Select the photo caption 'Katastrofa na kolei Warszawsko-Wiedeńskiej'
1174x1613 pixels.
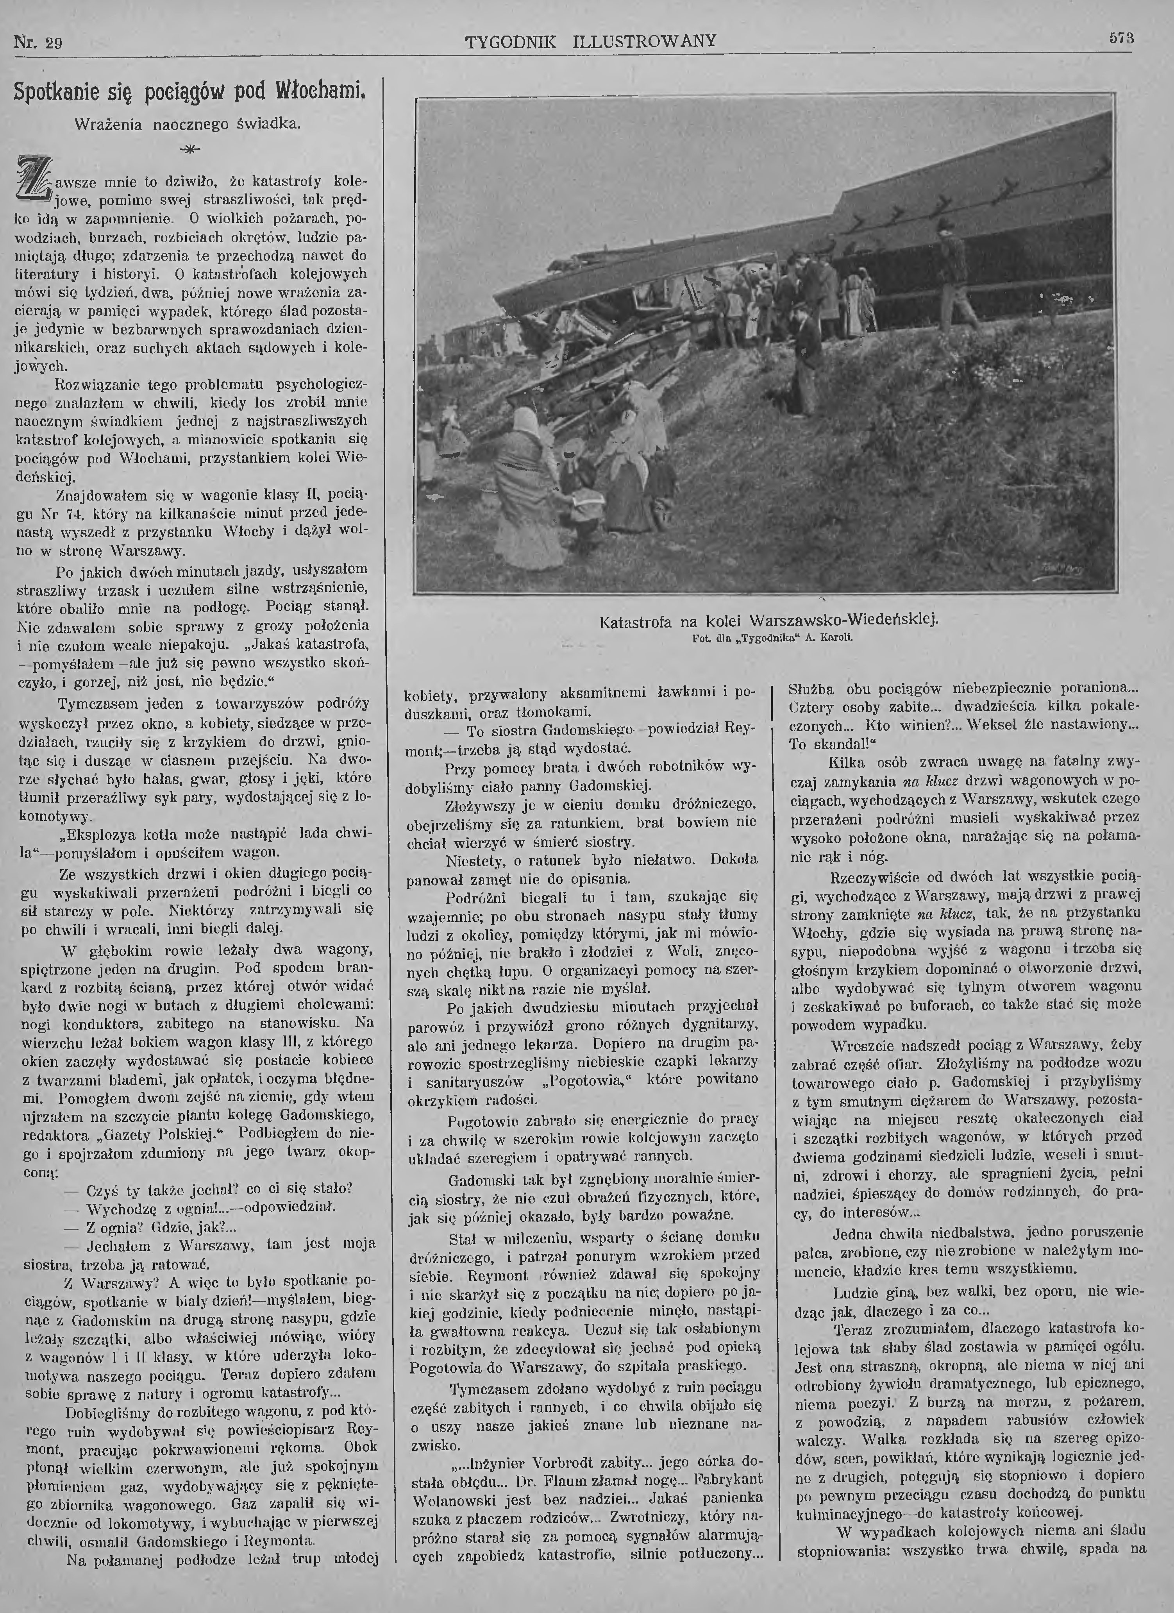(769, 620)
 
